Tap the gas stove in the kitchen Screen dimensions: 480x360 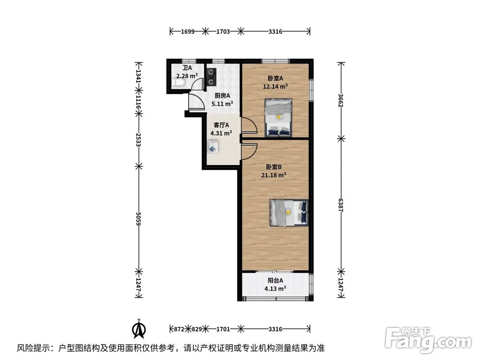pos(211,76)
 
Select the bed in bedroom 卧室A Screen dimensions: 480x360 pos(278,117)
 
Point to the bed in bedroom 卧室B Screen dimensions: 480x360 pos(289,213)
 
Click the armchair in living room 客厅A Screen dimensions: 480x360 pos(213,146)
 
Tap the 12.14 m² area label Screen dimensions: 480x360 pos(275,86)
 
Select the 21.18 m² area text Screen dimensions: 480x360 pos(274,175)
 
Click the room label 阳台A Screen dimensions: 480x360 pos(275,280)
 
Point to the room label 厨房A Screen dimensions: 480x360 pos(222,96)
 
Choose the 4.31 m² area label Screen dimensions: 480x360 pos(221,133)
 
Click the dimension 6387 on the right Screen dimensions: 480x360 pos(341,205)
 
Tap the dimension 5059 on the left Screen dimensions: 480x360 pos(139,219)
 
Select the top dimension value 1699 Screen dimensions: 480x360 pos(188,31)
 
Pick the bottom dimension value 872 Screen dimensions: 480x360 pos(179,329)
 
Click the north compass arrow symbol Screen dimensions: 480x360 pos(139,329)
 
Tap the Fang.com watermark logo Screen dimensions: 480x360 pos(428,339)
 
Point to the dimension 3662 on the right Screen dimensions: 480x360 pos(341,100)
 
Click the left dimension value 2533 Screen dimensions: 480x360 pos(139,140)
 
